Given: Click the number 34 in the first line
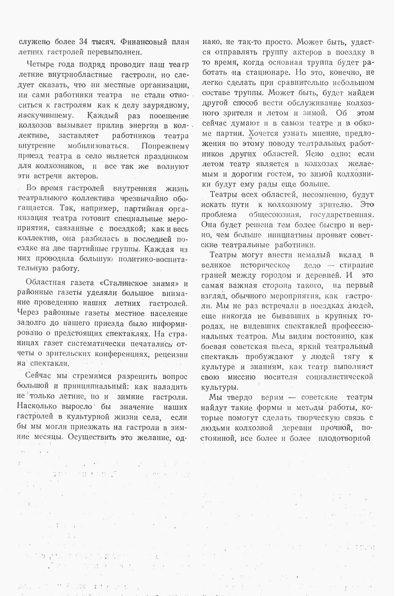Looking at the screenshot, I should point(83,42).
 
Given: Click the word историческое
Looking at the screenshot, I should point(265,265).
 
